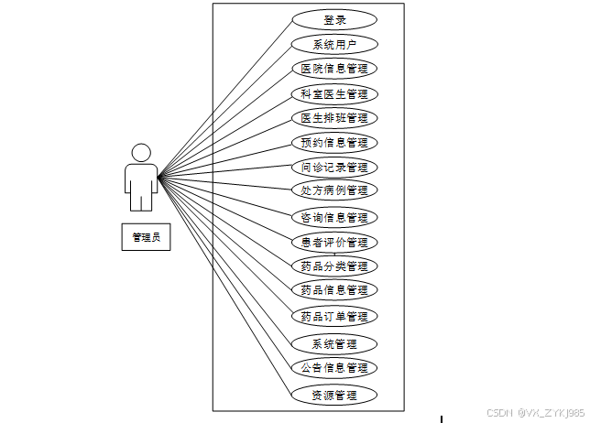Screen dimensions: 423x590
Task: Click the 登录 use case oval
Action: (x=334, y=19)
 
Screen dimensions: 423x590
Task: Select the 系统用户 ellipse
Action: (x=334, y=44)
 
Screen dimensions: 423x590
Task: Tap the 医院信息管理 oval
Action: (x=334, y=68)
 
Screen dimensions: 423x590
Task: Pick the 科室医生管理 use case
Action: (x=334, y=93)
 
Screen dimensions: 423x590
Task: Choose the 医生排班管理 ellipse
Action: (x=334, y=117)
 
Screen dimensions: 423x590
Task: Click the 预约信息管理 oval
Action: (x=334, y=142)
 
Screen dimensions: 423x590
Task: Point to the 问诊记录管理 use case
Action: (x=334, y=168)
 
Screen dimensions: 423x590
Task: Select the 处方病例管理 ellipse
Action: (x=334, y=190)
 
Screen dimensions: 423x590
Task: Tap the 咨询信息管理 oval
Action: (x=334, y=218)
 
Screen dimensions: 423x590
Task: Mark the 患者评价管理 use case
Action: (x=334, y=243)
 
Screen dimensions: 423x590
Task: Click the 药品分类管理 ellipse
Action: (x=334, y=266)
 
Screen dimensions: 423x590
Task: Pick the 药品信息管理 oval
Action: (x=334, y=290)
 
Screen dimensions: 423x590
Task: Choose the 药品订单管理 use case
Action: (x=334, y=317)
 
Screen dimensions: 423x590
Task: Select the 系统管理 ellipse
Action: (x=334, y=344)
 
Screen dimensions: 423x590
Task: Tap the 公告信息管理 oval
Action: (x=334, y=368)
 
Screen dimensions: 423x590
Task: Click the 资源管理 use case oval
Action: (x=334, y=396)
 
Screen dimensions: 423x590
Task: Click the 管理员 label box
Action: (x=146, y=237)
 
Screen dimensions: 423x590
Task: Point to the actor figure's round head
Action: (x=140, y=153)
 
